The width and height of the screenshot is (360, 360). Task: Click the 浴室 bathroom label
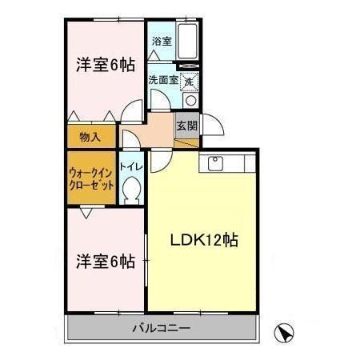tap(161, 41)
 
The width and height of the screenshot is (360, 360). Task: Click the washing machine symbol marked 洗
tap(189, 81)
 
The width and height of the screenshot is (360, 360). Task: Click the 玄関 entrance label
tap(186, 126)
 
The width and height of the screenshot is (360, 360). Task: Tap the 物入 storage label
tap(90, 137)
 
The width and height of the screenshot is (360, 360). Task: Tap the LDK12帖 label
tap(203, 238)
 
